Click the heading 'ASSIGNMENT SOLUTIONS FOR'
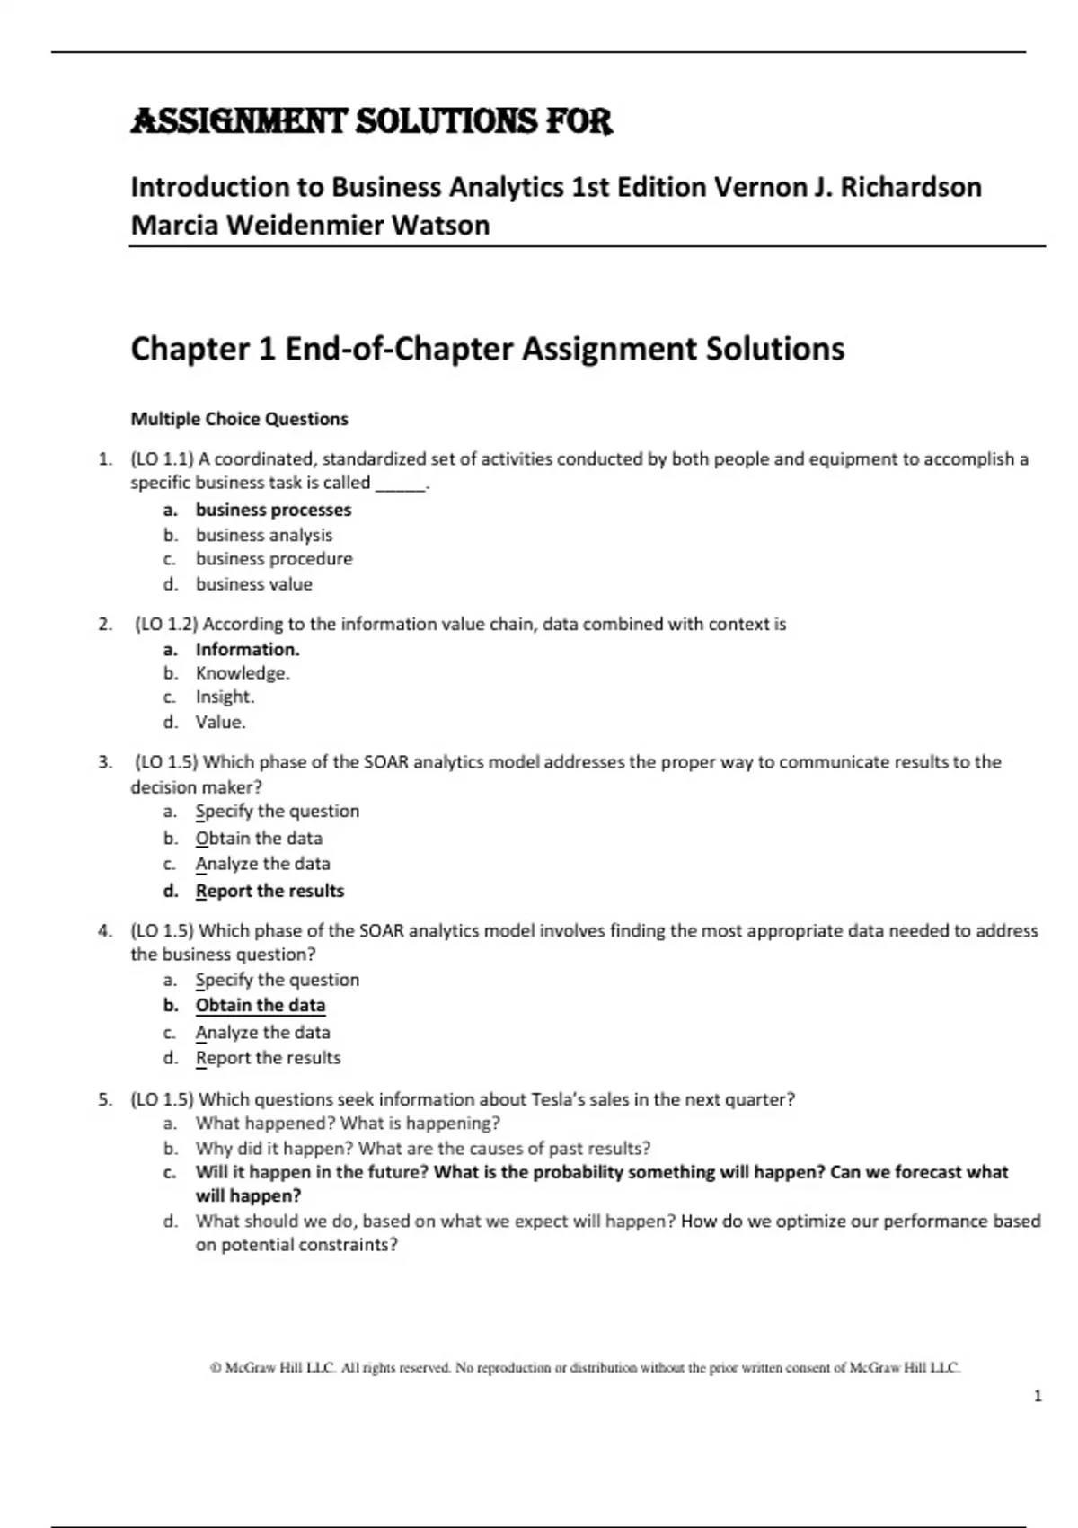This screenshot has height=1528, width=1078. (x=372, y=121)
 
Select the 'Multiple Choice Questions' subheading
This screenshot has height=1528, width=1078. (x=239, y=419)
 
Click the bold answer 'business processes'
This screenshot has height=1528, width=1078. (x=273, y=510)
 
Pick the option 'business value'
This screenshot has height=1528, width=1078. (x=254, y=584)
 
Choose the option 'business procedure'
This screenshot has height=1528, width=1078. (x=274, y=559)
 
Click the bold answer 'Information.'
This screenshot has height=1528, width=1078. (x=247, y=649)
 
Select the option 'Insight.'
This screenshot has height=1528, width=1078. (x=225, y=697)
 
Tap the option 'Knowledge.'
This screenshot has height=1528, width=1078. (x=243, y=673)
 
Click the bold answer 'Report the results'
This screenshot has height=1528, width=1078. (x=269, y=891)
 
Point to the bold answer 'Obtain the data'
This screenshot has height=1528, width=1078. (x=261, y=1005)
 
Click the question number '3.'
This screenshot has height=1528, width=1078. (x=105, y=762)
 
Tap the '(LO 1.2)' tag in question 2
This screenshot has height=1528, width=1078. (x=166, y=624)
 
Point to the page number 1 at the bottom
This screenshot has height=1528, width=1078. (x=1038, y=1396)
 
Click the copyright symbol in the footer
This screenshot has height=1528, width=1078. (x=216, y=1368)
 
